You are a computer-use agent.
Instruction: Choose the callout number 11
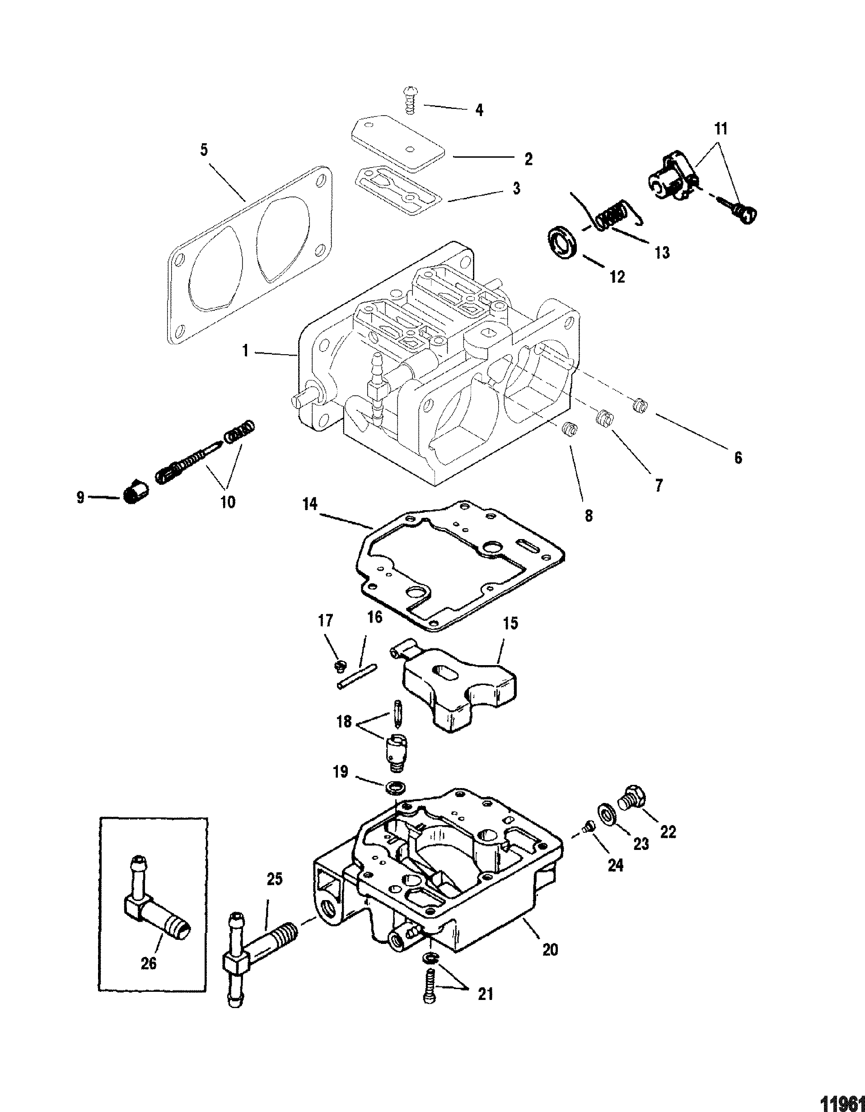[x=720, y=129]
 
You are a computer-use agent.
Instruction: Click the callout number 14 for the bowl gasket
[x=311, y=504]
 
